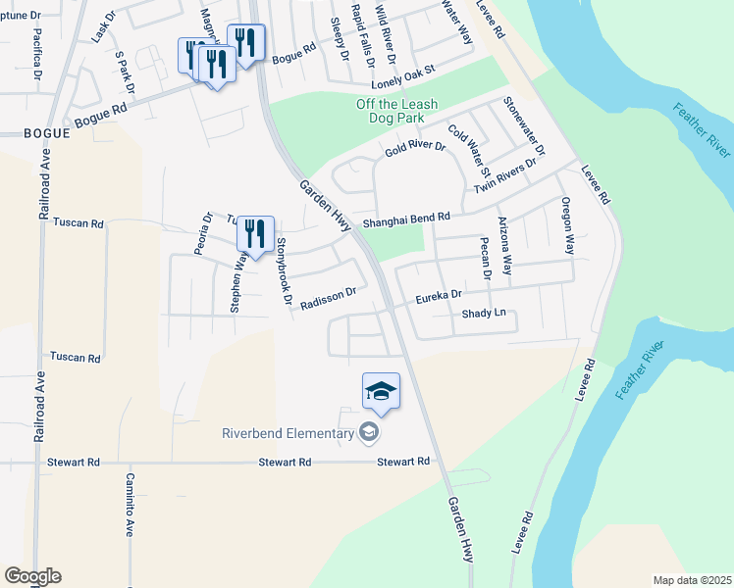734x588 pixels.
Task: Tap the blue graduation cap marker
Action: pos(381,393)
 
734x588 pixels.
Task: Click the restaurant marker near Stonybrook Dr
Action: pos(255,235)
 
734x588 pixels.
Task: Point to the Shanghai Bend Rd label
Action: pos(406,222)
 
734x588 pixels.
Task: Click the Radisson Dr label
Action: pos(327,298)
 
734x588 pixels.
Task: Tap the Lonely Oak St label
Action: pos(395,73)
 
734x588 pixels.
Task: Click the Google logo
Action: pos(32,576)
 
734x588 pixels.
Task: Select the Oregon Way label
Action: pos(567,226)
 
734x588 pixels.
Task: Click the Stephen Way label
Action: pos(237,281)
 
